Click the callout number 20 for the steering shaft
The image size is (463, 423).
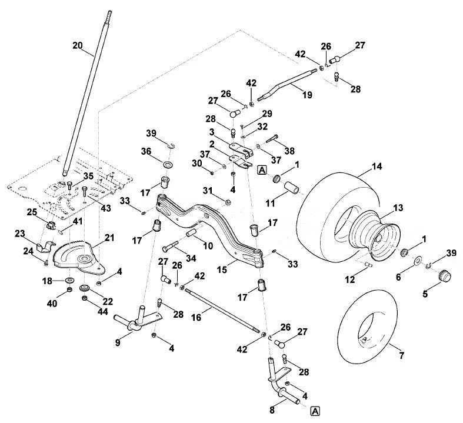tap(78, 46)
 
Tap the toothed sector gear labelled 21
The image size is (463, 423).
tap(78, 258)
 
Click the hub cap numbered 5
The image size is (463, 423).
tap(444, 276)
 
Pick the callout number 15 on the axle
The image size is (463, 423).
tap(222, 270)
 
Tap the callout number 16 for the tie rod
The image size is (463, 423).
tap(196, 317)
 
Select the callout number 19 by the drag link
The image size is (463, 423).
tap(307, 95)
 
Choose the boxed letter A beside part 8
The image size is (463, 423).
tap(315, 411)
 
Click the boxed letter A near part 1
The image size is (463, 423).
tap(262, 171)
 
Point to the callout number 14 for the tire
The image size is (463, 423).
tap(377, 166)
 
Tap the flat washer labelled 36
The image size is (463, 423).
tap(169, 164)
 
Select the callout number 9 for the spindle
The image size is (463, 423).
tap(118, 342)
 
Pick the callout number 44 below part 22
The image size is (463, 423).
tap(103, 311)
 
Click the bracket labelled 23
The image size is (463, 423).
tap(46, 247)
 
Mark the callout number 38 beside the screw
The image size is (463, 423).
tap(289, 151)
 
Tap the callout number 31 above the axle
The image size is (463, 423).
tap(208, 191)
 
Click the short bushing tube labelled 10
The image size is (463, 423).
tap(192, 232)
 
